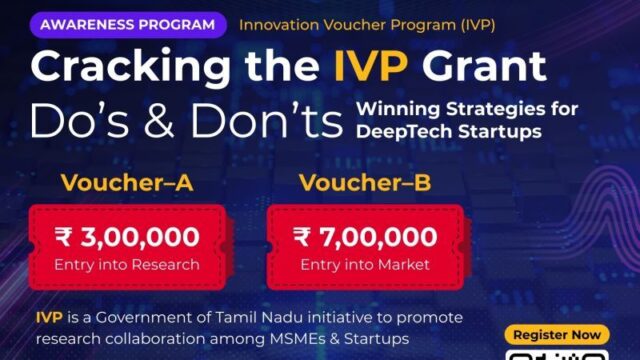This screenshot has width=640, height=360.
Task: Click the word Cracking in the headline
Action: click(x=138, y=68)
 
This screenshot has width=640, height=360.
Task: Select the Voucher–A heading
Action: click(x=114, y=184)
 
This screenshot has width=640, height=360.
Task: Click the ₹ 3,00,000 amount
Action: click(x=114, y=236)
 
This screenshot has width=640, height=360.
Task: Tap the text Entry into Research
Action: click(x=114, y=264)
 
